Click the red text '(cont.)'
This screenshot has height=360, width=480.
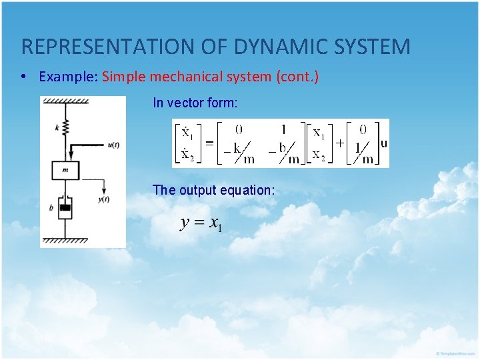tap(297, 77)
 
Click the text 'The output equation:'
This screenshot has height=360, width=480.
tap(213, 190)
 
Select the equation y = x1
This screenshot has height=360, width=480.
tap(201, 223)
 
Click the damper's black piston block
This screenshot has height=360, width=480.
tap(65, 209)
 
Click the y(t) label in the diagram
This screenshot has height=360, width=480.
tap(104, 199)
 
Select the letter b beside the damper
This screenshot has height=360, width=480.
tap(51, 208)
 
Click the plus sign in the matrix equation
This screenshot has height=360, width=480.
tap(339, 143)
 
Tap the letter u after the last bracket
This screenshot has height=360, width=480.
tap(383, 143)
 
